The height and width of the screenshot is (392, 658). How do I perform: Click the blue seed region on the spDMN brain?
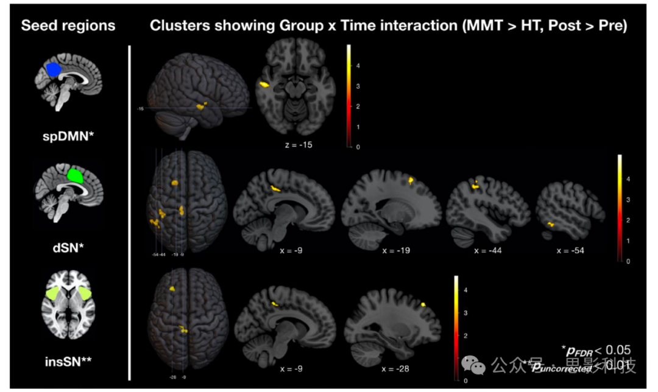pyautogui.click(x=54, y=69)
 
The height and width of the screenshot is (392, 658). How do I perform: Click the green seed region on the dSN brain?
pyautogui.click(x=76, y=176)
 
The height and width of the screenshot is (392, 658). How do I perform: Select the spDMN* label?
pyautogui.click(x=68, y=132)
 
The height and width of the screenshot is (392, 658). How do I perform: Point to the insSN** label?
pyautogui.click(x=68, y=361)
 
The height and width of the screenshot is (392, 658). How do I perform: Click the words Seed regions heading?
pyautogui.click(x=68, y=26)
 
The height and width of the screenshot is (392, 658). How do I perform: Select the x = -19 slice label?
pyautogui.click(x=396, y=250)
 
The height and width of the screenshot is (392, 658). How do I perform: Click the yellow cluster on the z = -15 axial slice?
pyautogui.click(x=264, y=85)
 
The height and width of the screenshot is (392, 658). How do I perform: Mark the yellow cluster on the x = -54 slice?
pyautogui.click(x=551, y=225)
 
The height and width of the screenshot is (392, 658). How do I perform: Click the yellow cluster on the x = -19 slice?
pyautogui.click(x=412, y=180)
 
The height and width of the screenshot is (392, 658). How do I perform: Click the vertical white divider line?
pyautogui.click(x=130, y=213)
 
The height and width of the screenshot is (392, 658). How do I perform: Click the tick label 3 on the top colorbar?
pyautogui.click(x=357, y=86)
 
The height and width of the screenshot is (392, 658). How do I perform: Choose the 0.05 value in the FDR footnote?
pyautogui.click(x=617, y=349)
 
